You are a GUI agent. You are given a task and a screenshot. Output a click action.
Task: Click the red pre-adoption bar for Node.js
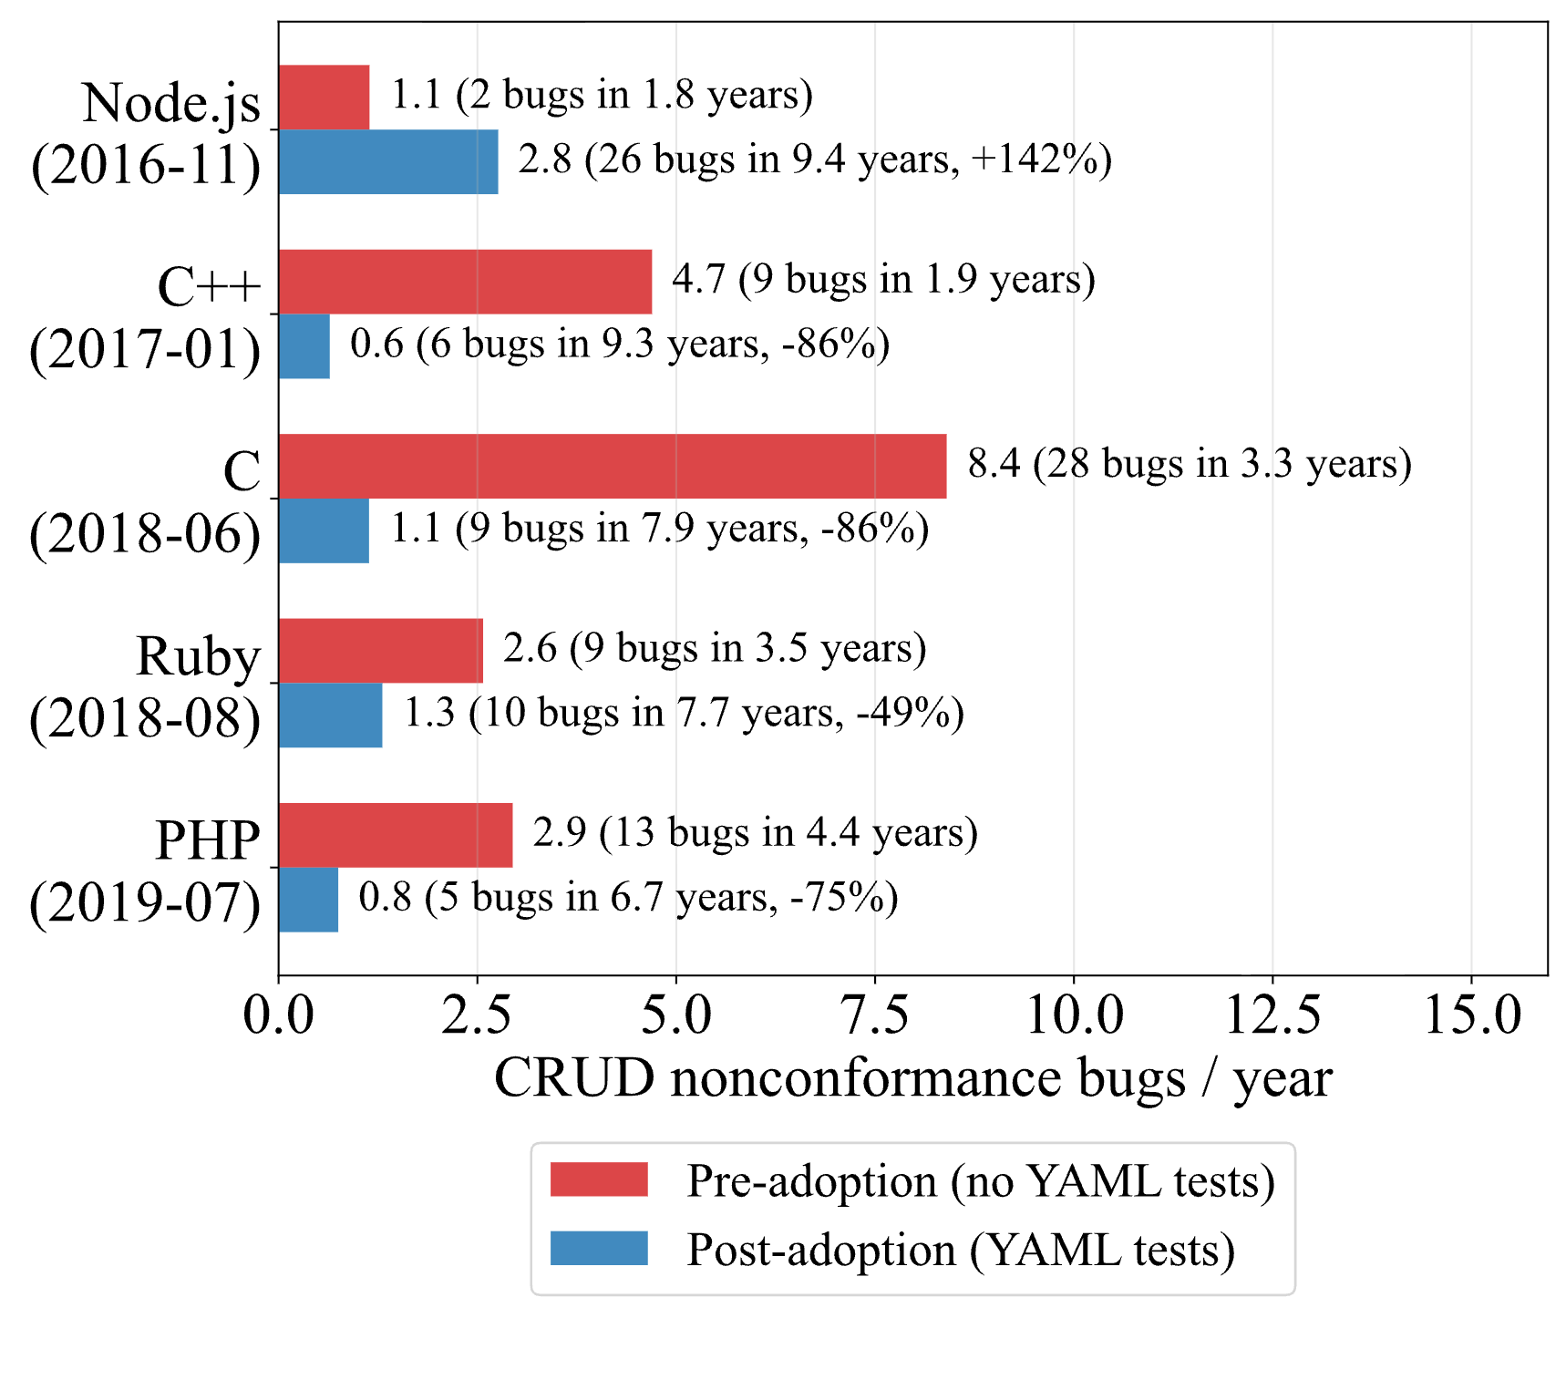325,98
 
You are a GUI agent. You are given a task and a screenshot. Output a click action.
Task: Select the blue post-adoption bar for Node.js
389,162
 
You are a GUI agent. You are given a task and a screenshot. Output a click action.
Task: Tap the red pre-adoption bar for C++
466,282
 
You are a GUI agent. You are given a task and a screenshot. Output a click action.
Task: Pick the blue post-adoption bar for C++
304,346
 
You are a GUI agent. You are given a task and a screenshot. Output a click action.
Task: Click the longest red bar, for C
613,467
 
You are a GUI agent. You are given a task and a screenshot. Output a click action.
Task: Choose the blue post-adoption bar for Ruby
331,716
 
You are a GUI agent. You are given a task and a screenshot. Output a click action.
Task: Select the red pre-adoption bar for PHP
396,835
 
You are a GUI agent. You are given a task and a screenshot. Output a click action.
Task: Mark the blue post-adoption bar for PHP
309,900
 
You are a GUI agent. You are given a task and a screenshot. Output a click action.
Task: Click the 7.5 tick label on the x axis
875,1014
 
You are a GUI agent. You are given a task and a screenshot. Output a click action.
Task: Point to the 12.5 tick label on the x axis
1272,1014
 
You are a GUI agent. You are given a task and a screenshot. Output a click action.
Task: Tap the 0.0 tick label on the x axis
279,1014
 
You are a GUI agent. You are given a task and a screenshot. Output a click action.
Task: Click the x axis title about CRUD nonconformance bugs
913,1079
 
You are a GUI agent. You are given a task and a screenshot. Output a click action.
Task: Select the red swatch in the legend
599,1179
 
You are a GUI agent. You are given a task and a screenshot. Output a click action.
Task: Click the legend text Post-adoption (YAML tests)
961,1250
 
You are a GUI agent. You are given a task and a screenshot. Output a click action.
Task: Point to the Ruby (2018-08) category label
146,686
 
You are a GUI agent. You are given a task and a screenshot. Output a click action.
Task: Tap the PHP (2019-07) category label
146,870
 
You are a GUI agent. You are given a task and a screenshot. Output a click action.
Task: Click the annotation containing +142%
815,160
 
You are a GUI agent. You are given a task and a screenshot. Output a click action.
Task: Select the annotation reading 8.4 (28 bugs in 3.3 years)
1190,464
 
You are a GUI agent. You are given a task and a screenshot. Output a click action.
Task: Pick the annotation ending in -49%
684,713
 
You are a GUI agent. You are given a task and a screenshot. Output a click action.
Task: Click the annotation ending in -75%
628,898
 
